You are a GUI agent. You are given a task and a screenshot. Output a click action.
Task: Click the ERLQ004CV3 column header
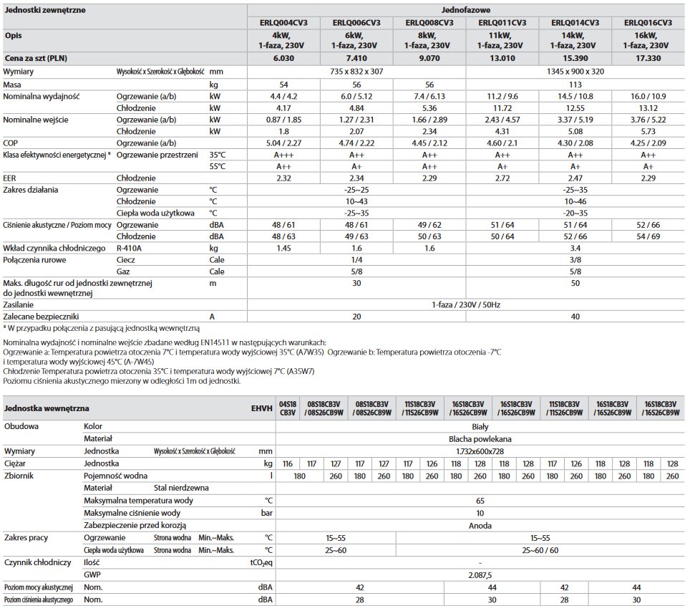tap(284, 23)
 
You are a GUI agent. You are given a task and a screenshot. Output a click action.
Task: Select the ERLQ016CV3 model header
tap(647, 23)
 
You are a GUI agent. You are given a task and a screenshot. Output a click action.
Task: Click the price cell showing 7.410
tap(356, 57)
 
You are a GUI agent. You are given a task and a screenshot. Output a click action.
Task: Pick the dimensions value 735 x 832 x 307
tap(356, 72)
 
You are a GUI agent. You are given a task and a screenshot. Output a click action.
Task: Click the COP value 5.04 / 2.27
tap(284, 143)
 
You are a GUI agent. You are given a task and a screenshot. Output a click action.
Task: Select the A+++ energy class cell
tap(284, 155)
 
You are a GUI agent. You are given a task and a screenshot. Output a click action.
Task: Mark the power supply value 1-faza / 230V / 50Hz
tap(466, 304)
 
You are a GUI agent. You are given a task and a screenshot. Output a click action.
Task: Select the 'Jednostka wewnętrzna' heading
tap(47, 408)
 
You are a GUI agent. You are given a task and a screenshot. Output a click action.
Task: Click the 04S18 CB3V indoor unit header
tap(287, 408)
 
